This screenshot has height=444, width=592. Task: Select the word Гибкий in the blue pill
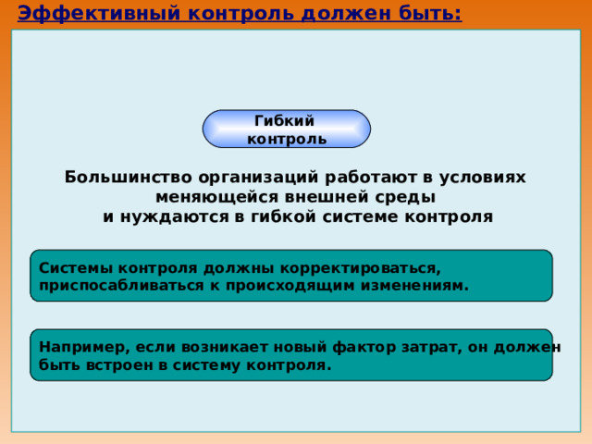pyautogui.click(x=284, y=121)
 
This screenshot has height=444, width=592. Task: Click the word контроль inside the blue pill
pyautogui.click(x=287, y=140)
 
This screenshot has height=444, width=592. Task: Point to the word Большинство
pyautogui.click(x=129, y=177)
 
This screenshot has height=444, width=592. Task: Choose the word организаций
pyautogui.click(x=258, y=178)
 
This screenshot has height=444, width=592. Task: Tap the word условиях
pyautogui.click(x=482, y=178)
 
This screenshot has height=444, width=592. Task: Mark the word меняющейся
pyautogui.click(x=217, y=197)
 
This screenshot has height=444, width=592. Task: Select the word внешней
pyautogui.click(x=327, y=197)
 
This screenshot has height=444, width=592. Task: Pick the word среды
pyautogui.click(x=405, y=198)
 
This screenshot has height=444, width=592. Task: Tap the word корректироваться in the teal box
pyautogui.click(x=361, y=269)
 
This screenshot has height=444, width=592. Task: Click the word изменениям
pyautogui.click(x=414, y=286)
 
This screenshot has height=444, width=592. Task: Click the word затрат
pyautogui.click(x=432, y=348)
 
